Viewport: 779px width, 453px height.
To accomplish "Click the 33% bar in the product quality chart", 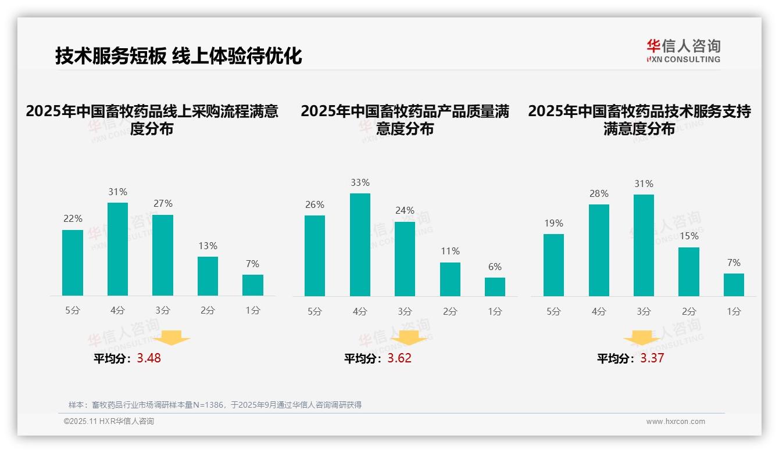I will [x=360, y=245].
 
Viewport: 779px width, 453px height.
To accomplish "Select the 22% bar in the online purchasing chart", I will [x=73, y=263].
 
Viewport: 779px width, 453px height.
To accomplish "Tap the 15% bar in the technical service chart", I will [x=688, y=271].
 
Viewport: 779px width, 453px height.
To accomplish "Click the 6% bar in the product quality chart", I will [x=495, y=286].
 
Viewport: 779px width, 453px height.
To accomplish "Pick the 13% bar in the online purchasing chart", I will [x=208, y=276].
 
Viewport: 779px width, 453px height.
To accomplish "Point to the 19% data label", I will [x=553, y=224].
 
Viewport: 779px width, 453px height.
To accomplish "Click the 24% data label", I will [x=405, y=211].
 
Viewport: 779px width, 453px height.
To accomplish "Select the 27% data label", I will [x=162, y=204].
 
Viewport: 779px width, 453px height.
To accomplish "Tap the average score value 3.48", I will [x=149, y=358].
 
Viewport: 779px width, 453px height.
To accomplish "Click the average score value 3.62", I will [x=399, y=358].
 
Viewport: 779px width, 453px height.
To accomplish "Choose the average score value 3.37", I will [x=652, y=358].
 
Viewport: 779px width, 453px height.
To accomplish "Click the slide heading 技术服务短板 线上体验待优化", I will [x=178, y=56].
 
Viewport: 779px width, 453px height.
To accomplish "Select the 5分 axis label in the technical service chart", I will [x=553, y=312].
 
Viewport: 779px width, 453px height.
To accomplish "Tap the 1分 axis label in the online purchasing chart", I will [x=252, y=311].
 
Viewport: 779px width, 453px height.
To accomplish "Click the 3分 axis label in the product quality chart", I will [x=405, y=312].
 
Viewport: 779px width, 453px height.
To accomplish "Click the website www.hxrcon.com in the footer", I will [x=676, y=422].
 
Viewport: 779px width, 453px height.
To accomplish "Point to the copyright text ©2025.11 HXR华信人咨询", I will [x=109, y=422].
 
